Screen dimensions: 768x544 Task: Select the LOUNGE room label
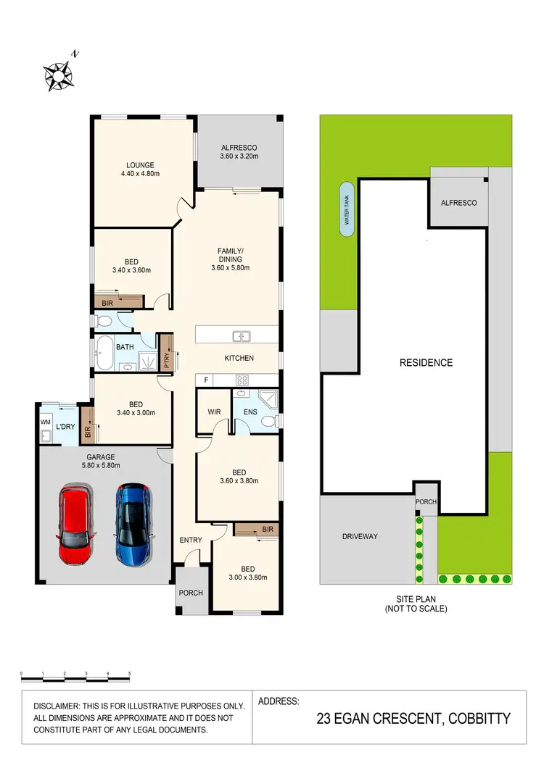click(139, 165)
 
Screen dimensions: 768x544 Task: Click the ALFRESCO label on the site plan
click(458, 203)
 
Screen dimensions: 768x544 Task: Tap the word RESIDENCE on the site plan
click(426, 363)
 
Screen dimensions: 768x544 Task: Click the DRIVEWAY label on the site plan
click(360, 537)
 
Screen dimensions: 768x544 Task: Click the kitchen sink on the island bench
click(241, 335)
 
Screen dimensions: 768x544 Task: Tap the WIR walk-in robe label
click(213, 412)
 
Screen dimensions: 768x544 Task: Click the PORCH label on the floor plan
click(191, 593)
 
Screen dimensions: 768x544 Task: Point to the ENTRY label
click(190, 540)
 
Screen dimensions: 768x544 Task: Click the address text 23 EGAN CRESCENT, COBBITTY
click(413, 719)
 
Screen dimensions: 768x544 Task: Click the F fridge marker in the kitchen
click(206, 380)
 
